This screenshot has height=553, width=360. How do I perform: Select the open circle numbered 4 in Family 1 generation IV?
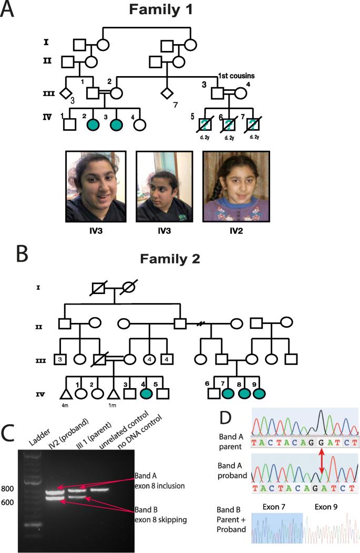coord(139,125)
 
